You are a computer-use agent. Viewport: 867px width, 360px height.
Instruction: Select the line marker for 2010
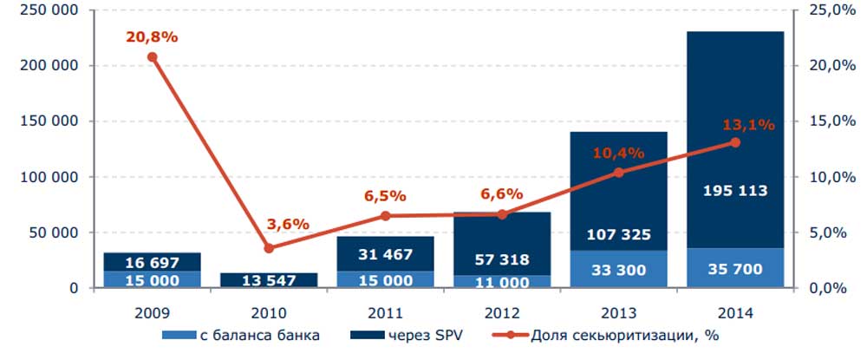(x=269, y=248)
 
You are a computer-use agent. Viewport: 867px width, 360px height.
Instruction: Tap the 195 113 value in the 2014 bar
(x=734, y=191)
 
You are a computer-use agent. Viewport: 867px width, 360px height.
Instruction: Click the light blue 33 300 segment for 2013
(x=618, y=269)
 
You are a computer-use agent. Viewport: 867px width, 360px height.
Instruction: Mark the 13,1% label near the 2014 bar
(x=748, y=124)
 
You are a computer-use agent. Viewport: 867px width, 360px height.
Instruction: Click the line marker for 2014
(x=734, y=142)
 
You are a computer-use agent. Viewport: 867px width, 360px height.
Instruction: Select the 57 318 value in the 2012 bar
(x=502, y=259)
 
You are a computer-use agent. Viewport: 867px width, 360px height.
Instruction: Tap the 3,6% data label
(x=288, y=224)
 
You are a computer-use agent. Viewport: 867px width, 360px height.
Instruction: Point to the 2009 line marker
(x=153, y=57)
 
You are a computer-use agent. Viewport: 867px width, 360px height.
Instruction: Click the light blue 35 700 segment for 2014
(x=734, y=269)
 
